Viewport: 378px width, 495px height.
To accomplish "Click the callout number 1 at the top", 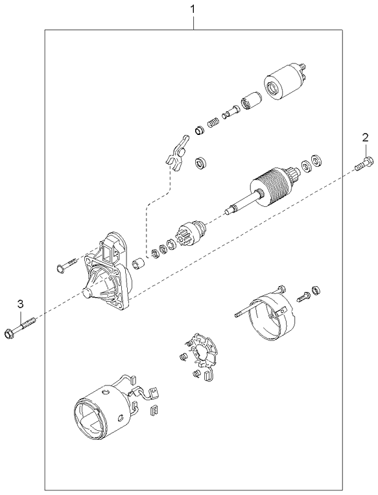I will tap(192, 9).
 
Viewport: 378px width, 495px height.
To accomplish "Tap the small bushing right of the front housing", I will tap(137, 263).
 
